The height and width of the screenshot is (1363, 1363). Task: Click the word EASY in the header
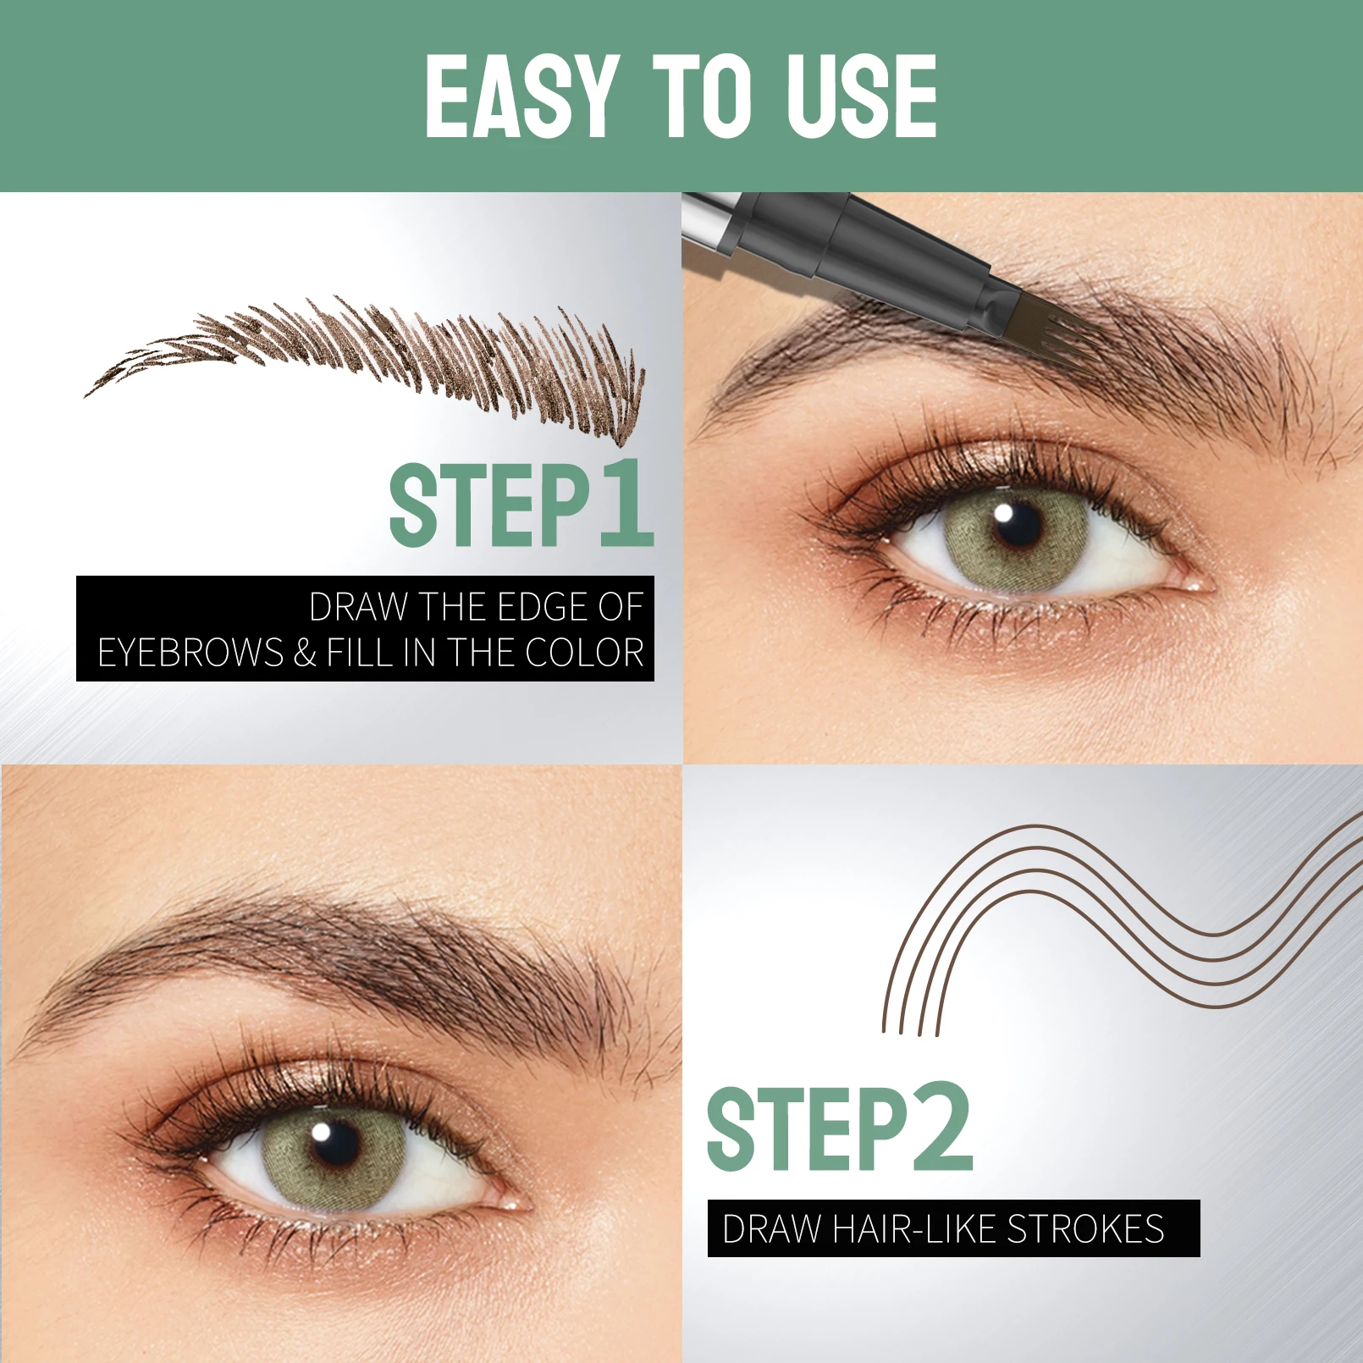[x=518, y=96]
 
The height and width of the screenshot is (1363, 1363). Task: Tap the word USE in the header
[x=861, y=96]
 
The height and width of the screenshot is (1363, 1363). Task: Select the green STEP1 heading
[x=521, y=505]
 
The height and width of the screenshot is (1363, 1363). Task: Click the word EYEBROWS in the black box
[x=190, y=653]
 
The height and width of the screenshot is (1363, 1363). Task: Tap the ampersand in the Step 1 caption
[x=305, y=653]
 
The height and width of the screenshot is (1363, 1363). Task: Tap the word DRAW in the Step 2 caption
[x=771, y=1228]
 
